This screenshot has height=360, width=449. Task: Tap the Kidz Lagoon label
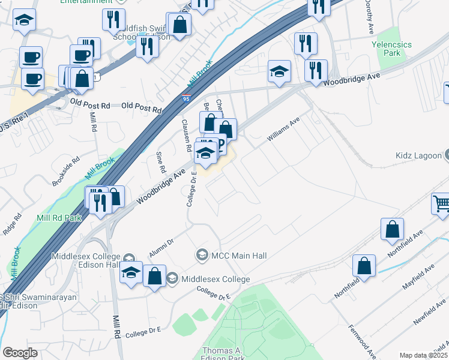point(417,155)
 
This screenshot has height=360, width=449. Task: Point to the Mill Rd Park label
point(59,218)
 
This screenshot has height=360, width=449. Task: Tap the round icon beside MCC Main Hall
point(202,256)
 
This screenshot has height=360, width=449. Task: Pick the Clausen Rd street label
point(186,135)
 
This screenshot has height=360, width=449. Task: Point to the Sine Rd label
point(160,161)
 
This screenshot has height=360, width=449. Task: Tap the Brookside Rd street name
point(66,172)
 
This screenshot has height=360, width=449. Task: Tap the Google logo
point(20,353)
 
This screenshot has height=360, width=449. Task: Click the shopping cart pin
point(441,204)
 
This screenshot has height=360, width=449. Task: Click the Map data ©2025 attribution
point(423,355)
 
